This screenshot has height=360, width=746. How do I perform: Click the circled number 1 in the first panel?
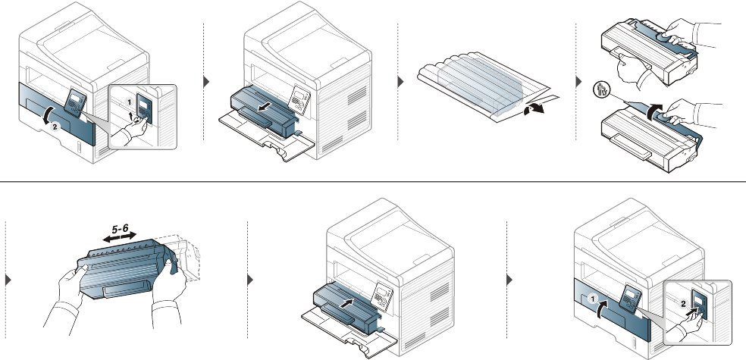128,102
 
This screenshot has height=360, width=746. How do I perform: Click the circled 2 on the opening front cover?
55,127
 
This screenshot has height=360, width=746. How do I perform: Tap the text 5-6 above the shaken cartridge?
121,229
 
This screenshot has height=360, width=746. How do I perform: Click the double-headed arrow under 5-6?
120,236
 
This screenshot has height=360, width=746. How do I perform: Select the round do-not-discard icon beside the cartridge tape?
601,90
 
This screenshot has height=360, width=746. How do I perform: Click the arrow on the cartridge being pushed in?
347,303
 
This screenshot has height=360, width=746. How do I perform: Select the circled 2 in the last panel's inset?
684,304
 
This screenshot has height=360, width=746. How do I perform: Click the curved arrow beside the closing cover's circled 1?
601,309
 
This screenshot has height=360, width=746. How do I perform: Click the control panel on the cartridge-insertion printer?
383,297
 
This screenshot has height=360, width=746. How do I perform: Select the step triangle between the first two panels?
206,82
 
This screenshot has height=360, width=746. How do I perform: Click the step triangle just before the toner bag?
400,82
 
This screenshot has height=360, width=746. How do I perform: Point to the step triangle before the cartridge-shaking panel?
8,280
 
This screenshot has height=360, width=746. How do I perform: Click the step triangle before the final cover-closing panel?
509,280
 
